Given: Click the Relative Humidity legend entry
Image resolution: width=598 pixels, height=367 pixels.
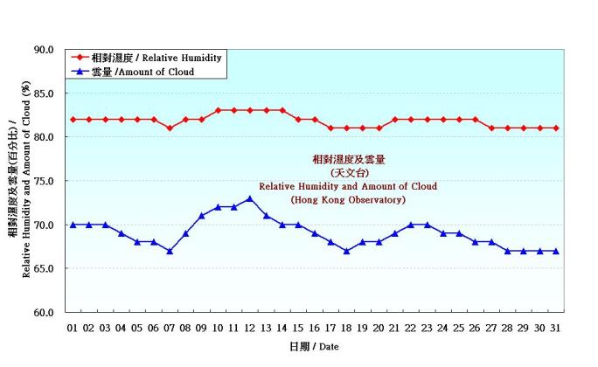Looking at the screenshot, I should pos(144,58).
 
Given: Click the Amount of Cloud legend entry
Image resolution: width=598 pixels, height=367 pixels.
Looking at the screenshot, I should pos(144,72).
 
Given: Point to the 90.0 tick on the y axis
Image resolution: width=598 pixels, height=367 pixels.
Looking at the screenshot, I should pos(43,50).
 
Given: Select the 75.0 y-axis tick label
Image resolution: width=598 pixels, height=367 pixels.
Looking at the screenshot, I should pos(43,181).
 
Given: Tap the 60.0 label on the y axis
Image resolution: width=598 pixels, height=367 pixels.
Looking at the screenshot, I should pos(43,312).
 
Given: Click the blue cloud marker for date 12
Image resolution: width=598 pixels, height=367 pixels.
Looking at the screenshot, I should pos(249,198).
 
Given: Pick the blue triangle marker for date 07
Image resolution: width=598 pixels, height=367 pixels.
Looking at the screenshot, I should pos(170,251).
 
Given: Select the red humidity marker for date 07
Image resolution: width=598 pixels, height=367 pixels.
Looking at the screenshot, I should pos(170,128).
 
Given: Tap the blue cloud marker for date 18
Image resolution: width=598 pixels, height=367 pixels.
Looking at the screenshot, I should pos(346,251).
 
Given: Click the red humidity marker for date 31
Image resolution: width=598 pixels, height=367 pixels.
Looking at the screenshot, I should pos(555,128).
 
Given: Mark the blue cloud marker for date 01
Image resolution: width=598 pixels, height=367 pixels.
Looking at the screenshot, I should pos(73,225).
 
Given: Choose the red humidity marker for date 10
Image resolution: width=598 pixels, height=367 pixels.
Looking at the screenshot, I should pos(218,110).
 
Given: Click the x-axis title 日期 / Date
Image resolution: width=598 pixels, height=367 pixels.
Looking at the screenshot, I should pos(314,347).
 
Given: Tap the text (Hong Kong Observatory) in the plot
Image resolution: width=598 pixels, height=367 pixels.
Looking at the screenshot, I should pos(348,200).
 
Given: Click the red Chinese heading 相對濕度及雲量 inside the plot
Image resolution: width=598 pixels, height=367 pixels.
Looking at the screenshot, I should pos(348,160).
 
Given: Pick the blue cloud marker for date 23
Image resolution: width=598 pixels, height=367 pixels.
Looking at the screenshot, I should pos(427,225).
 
